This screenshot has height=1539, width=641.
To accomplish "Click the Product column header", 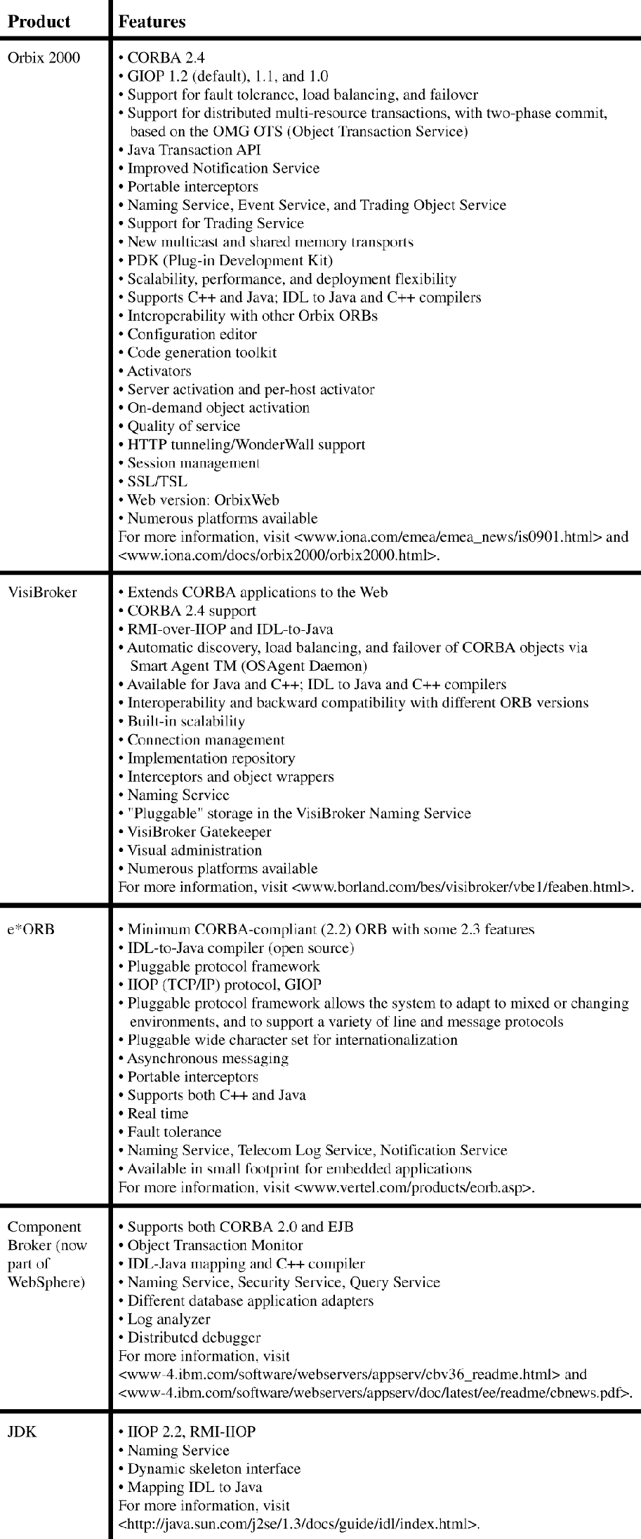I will [x=39, y=21].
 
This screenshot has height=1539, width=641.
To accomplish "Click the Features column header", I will [x=152, y=21].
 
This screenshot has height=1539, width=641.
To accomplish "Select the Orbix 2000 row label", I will [x=44, y=58].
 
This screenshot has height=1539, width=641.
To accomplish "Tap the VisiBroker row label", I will [x=42, y=592].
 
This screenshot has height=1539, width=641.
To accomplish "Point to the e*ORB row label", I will [x=31, y=929].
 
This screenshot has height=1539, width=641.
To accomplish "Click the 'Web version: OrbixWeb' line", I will [x=203, y=500].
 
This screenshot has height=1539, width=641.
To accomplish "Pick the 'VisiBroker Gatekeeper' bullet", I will [x=199, y=832].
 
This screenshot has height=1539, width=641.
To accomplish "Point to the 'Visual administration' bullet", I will [x=194, y=850].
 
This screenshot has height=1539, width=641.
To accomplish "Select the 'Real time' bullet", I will [x=157, y=1113].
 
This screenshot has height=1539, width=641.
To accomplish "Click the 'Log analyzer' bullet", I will [x=168, y=1319].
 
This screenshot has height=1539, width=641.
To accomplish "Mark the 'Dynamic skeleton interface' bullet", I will [x=213, y=1468].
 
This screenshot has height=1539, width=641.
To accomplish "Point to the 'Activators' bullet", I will [x=159, y=371].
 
